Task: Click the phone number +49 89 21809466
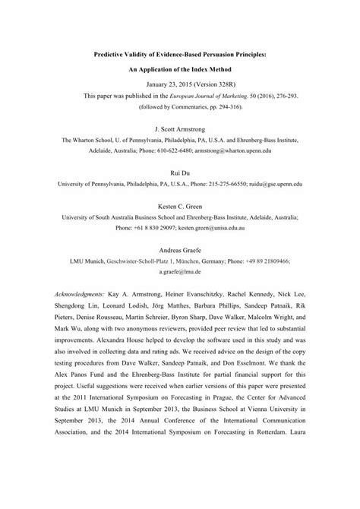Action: pyautogui.click(x=286, y=261)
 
